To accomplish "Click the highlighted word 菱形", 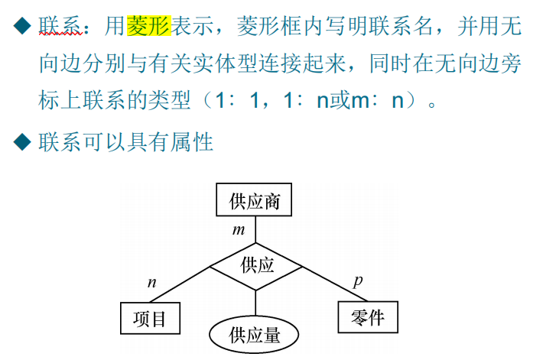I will click(x=148, y=28).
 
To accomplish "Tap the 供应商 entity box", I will click(x=255, y=202).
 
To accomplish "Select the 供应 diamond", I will click(x=256, y=265).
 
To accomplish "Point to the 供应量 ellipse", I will click(x=255, y=336).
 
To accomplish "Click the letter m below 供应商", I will click(x=239, y=229).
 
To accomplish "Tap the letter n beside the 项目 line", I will click(x=151, y=283).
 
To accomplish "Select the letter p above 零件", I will click(x=357, y=280).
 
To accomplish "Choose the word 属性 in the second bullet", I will click(x=193, y=141).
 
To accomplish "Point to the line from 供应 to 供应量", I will click(x=256, y=302).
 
